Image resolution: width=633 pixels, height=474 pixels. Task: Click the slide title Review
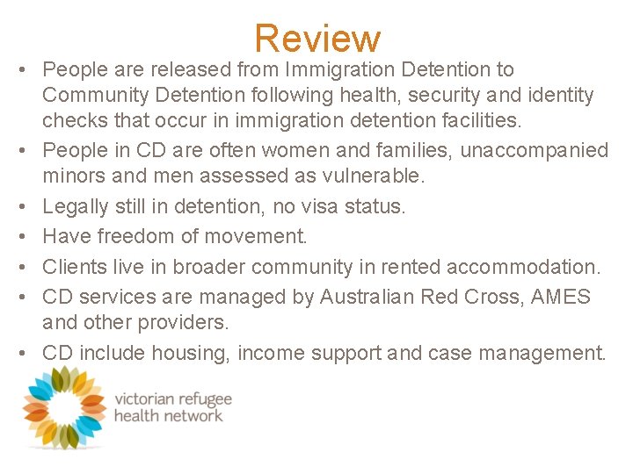[317, 39]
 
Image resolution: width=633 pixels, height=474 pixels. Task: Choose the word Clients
[75, 266]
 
